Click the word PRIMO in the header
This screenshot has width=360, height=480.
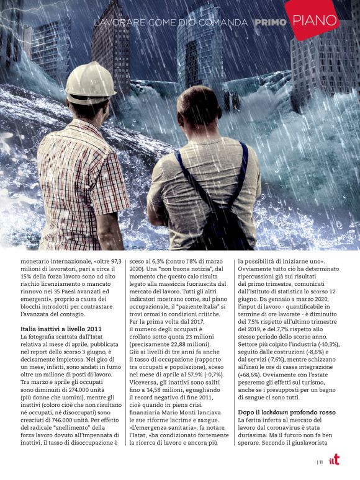271,22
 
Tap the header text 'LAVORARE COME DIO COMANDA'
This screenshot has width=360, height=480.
171,22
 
